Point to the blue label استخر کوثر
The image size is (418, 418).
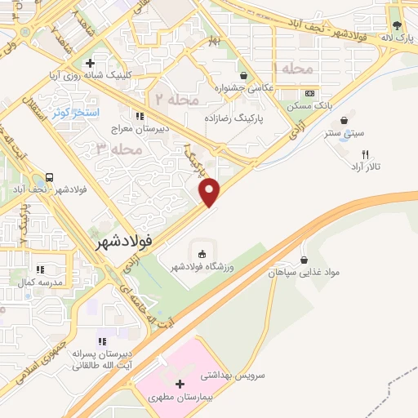[x=74, y=112]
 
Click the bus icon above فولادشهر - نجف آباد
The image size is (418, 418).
[x=50, y=177]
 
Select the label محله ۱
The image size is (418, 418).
[x=292, y=69]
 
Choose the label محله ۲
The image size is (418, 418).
[x=176, y=99]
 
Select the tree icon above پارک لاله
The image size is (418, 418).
[x=397, y=24]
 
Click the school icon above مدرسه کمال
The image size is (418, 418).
[x=40, y=269]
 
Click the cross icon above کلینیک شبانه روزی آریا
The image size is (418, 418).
[x=91, y=63]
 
